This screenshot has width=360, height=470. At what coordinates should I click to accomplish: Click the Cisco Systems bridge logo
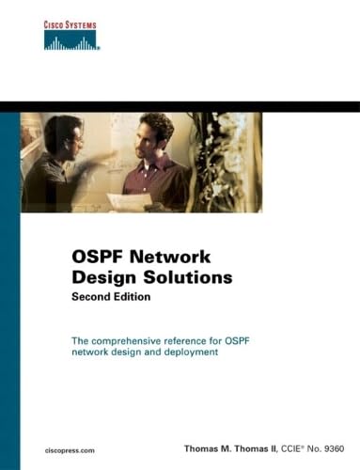(71, 39)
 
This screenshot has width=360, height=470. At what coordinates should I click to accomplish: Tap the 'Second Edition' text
(111, 296)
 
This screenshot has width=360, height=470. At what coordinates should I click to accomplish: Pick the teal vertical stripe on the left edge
(9, 282)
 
